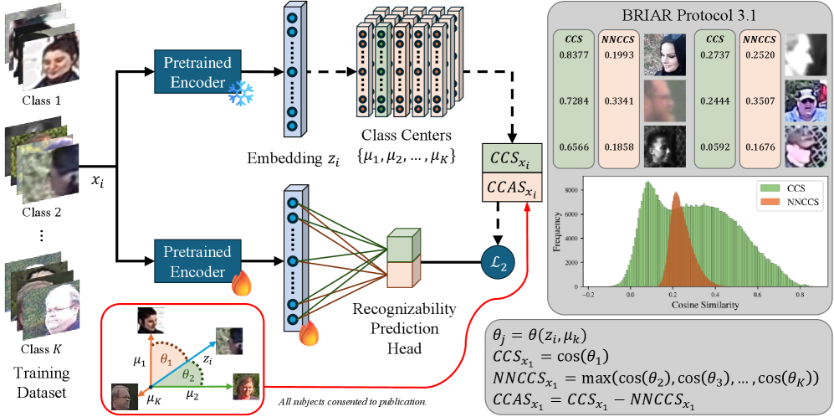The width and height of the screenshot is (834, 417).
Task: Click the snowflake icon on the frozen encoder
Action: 243,95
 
